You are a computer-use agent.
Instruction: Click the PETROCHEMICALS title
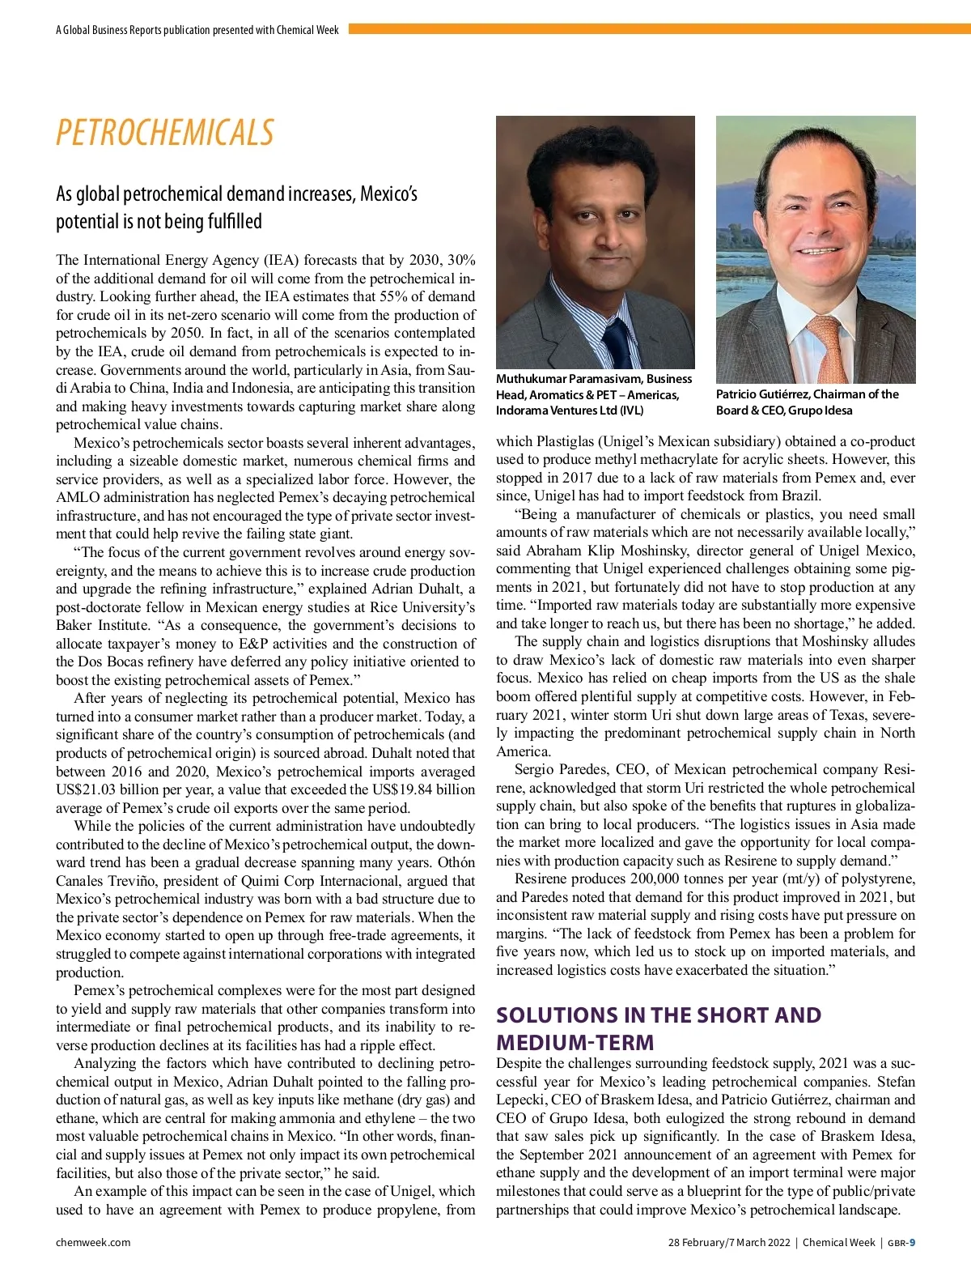[165, 133]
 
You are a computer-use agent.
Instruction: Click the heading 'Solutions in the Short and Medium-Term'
[658, 1028]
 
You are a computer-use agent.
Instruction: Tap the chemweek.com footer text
[93, 1242]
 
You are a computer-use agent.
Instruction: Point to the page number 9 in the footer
[912, 1242]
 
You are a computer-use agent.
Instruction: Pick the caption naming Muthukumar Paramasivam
[594, 394]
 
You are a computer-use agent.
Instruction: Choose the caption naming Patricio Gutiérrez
[807, 402]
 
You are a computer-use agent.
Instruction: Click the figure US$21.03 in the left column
[87, 789]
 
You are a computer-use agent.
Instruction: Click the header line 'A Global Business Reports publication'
[197, 30]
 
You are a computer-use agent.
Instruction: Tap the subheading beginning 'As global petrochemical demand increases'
[236, 207]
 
